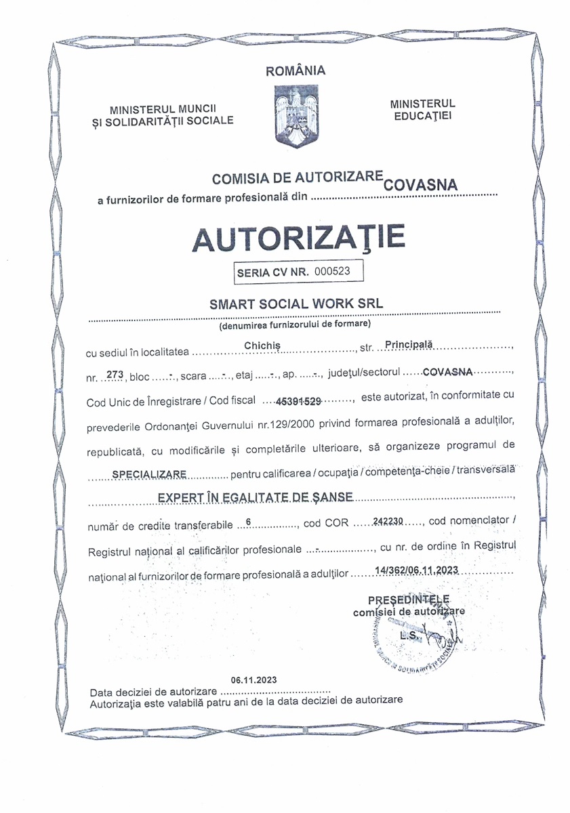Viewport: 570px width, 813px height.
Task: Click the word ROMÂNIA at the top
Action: (x=296, y=70)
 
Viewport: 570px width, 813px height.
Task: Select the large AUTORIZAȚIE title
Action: (x=299, y=236)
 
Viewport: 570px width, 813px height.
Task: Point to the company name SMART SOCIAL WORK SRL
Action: (x=297, y=304)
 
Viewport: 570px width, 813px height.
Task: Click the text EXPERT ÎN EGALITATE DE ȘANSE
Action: (x=255, y=497)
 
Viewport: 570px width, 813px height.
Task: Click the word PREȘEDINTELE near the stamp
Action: (x=409, y=600)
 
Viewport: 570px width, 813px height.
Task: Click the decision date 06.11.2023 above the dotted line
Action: (x=253, y=680)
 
